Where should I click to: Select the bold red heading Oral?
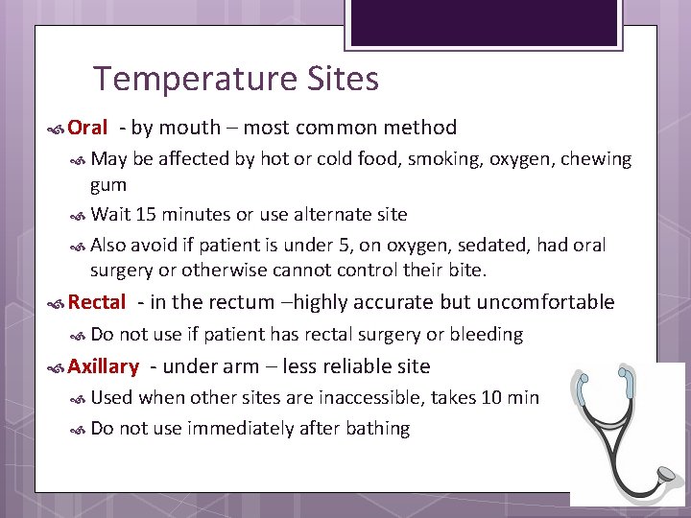tap(88, 128)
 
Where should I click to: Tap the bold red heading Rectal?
tap(97, 303)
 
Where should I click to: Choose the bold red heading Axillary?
tap(104, 366)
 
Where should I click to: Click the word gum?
tap(108, 183)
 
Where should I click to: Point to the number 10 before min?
tap(490, 398)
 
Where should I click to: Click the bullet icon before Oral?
tap(57, 129)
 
